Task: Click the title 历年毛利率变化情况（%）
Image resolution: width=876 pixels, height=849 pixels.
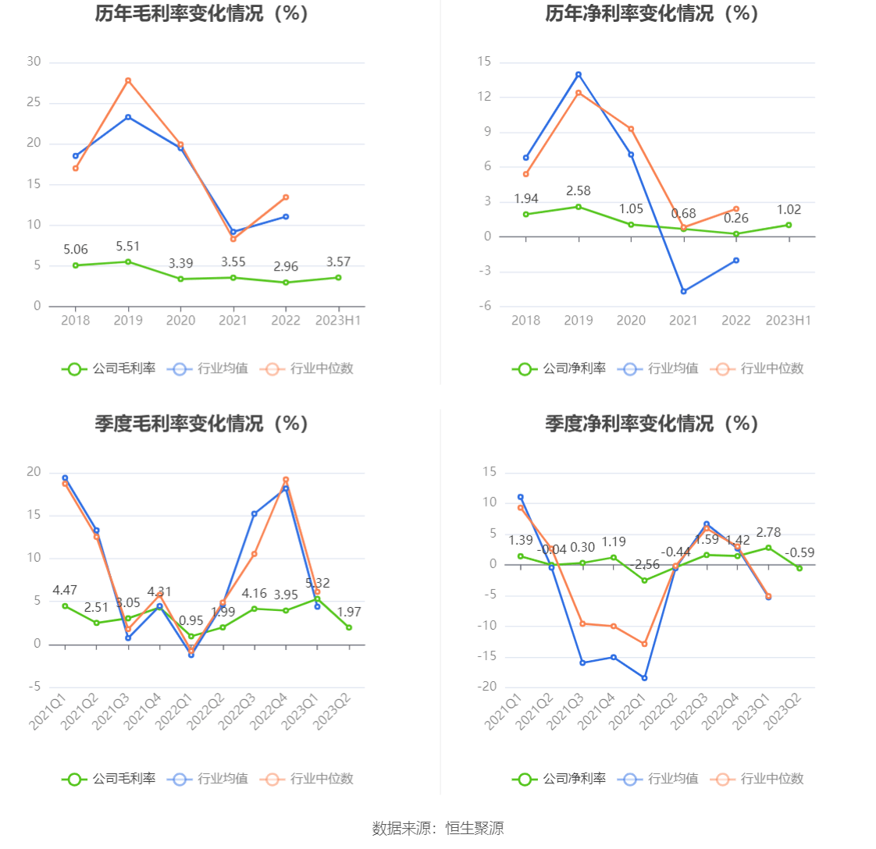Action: (x=202, y=13)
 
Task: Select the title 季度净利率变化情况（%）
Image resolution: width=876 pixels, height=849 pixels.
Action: (x=653, y=423)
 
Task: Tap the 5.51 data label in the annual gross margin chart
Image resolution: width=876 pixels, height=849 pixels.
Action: (x=127, y=247)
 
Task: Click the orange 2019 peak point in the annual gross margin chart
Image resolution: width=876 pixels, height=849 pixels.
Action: (x=128, y=80)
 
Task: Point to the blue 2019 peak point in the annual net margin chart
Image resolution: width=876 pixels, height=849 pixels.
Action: (x=579, y=74)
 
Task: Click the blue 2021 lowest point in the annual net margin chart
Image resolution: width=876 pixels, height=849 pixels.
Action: (x=683, y=291)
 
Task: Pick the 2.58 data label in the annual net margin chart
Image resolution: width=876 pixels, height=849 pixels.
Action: (x=579, y=191)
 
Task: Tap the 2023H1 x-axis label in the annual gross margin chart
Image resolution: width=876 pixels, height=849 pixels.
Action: (x=338, y=321)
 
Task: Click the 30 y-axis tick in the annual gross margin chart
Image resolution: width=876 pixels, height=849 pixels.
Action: (x=34, y=62)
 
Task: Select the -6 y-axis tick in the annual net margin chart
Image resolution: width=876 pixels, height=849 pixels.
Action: (x=486, y=306)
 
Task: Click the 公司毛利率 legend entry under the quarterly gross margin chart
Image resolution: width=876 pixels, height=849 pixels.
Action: (x=109, y=778)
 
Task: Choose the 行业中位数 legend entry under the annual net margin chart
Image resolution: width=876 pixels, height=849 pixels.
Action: (x=757, y=368)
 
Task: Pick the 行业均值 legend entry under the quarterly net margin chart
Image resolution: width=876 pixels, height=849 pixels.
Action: (x=658, y=778)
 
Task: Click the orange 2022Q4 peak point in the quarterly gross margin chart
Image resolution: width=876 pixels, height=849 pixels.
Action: (x=286, y=480)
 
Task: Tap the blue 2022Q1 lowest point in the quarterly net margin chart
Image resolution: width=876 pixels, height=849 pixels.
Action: (x=644, y=677)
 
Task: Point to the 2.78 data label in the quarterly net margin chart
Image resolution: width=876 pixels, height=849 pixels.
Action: (x=769, y=532)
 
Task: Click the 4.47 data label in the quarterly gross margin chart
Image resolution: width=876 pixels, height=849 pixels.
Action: (x=65, y=590)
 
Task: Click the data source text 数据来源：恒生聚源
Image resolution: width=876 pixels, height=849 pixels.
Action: (x=438, y=829)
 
